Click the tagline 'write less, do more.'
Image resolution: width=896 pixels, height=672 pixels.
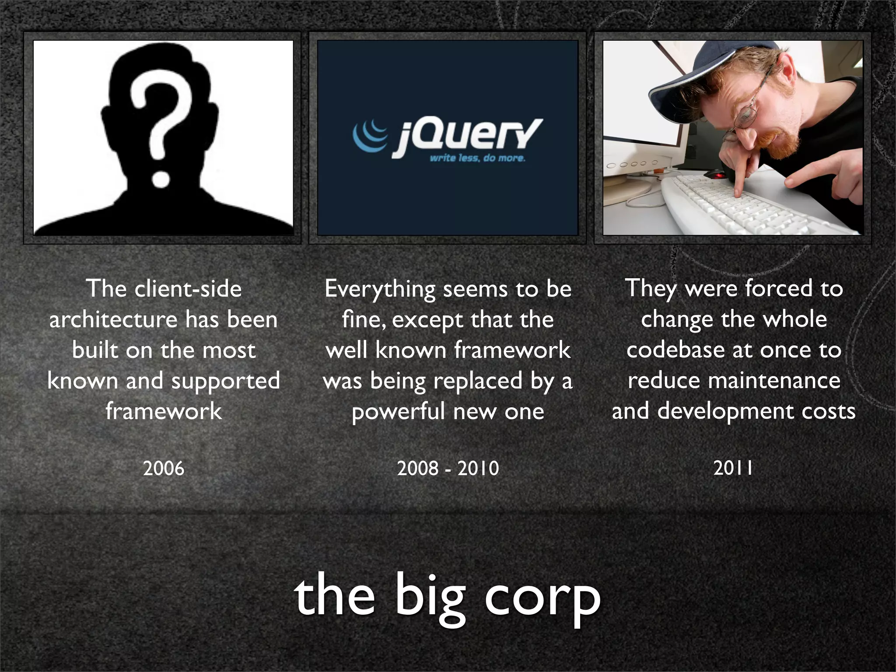477,158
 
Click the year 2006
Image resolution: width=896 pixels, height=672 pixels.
164,469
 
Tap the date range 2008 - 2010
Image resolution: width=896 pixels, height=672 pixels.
448,469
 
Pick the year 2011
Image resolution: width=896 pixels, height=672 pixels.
733,468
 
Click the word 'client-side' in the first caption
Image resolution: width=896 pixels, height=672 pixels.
188,289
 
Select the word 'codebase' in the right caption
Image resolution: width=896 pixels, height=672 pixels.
676,350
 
